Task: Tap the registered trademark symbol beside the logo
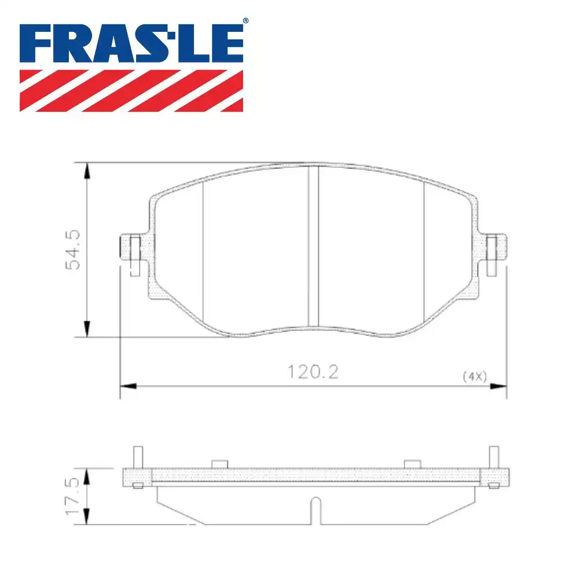click(x=245, y=21)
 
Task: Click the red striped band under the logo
click(x=131, y=90)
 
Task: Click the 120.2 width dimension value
click(x=313, y=372)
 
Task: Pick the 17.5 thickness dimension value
click(x=74, y=497)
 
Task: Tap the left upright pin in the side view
click(x=138, y=457)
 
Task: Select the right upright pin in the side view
click(x=493, y=457)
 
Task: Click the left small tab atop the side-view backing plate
click(x=220, y=464)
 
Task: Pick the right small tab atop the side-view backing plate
click(x=412, y=464)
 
